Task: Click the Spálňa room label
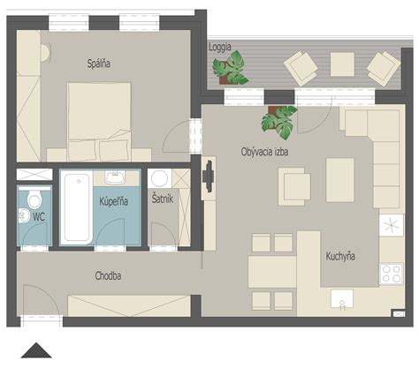(98, 63)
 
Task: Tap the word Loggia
(219, 47)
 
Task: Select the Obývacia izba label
(264, 152)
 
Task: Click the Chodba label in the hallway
(108, 276)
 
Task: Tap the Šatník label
(162, 200)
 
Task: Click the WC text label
(39, 214)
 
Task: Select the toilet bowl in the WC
(34, 197)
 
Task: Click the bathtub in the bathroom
(75, 207)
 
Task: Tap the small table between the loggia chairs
(342, 64)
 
